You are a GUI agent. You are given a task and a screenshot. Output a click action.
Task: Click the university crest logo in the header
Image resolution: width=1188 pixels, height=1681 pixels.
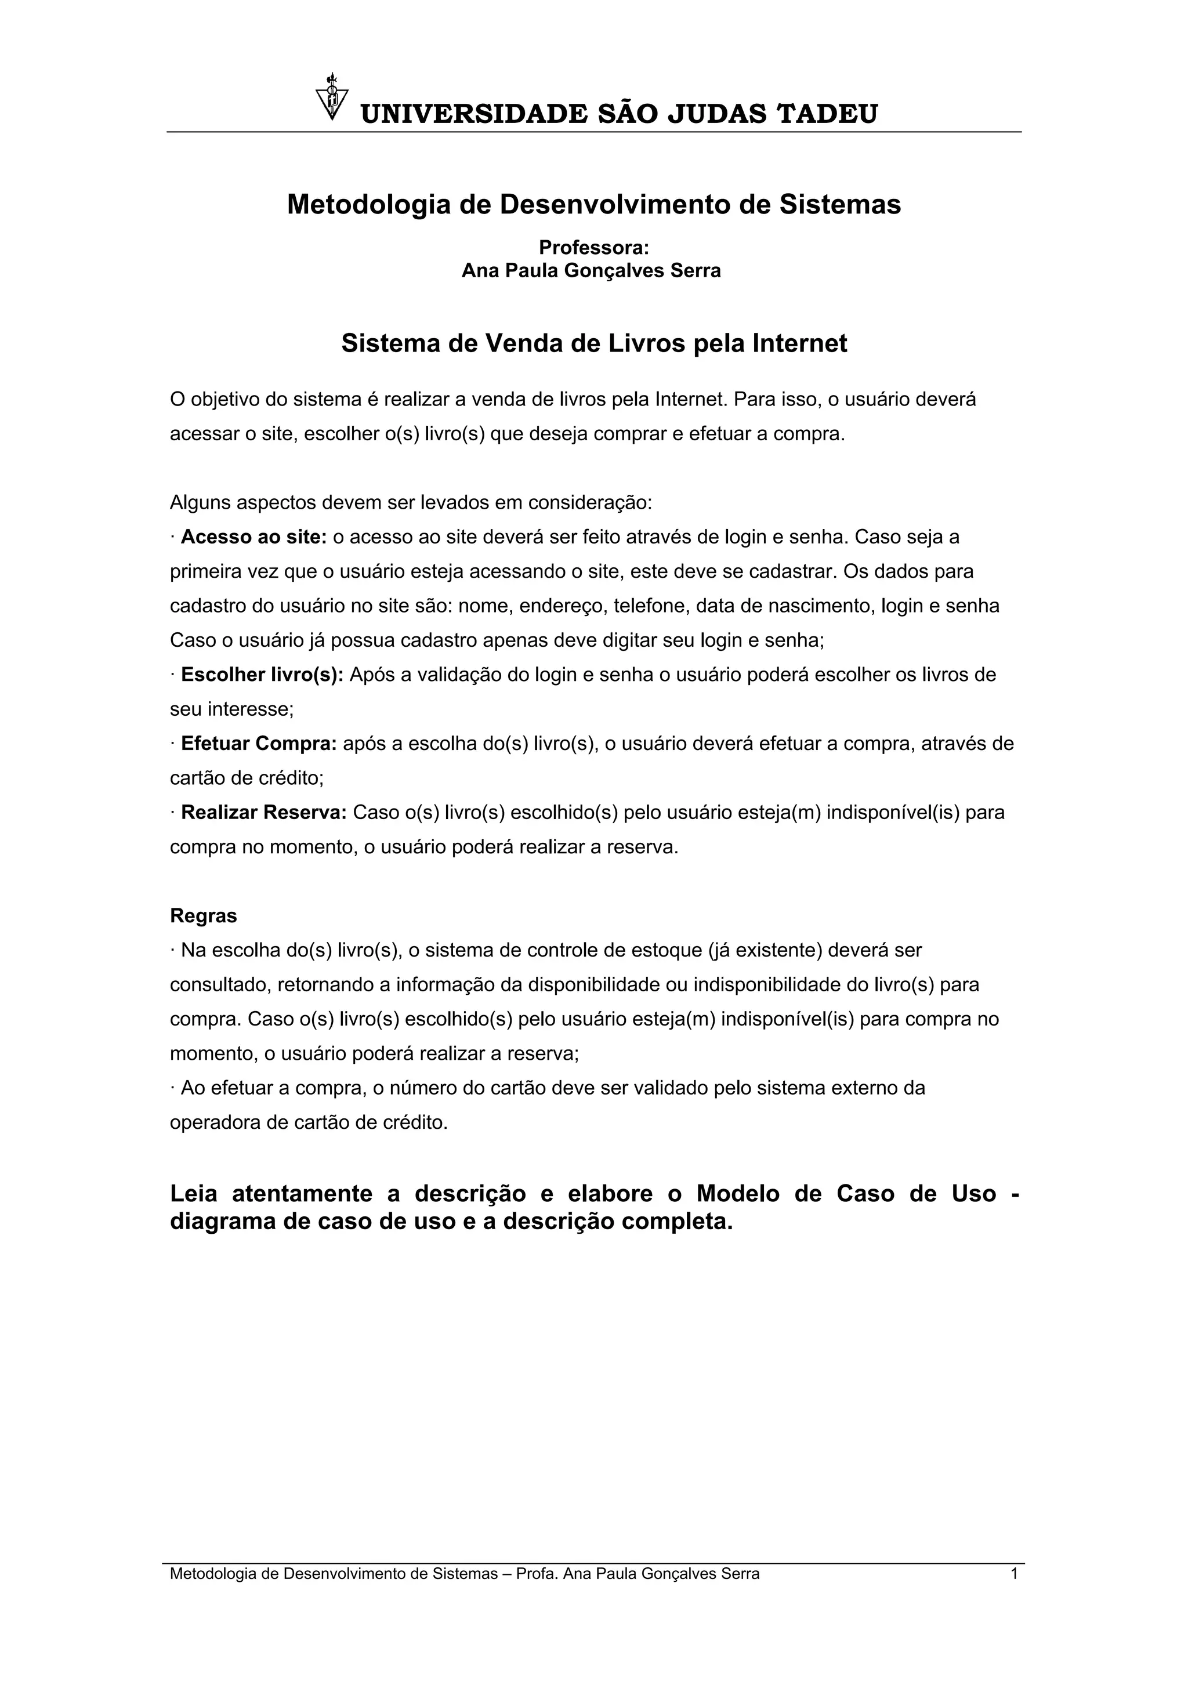(332, 97)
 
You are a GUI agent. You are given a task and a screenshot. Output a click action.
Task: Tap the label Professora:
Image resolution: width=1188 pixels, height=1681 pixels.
(593, 248)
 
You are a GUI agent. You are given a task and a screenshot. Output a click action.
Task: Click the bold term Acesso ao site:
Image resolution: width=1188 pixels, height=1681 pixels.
(253, 537)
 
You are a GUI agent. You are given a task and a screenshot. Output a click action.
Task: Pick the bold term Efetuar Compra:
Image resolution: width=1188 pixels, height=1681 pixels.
(258, 744)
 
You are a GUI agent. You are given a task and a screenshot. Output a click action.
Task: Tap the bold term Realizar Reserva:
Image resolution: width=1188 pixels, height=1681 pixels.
(263, 813)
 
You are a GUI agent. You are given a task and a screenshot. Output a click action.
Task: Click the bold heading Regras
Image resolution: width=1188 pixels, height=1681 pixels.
(204, 916)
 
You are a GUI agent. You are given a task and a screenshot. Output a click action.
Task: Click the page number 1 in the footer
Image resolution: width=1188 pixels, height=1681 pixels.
(1014, 1573)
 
